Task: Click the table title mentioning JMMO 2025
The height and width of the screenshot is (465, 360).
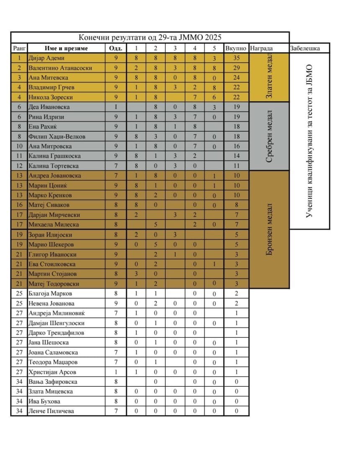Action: (150, 37)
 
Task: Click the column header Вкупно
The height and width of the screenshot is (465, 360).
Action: (236, 48)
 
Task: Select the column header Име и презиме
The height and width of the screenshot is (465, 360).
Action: (66, 48)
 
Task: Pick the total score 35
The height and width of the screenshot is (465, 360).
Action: (236, 58)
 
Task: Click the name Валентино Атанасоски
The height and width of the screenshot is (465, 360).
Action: (60, 68)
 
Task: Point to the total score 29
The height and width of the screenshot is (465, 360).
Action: (236, 68)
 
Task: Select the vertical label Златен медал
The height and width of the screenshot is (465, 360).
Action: (269, 77)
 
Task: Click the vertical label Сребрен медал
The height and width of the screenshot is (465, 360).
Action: (269, 136)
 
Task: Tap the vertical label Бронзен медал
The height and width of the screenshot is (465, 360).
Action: (269, 230)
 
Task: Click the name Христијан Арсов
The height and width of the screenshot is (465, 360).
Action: (52, 372)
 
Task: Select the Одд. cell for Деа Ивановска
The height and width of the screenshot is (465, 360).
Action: (116, 107)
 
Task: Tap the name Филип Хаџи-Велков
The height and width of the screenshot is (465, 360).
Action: (57, 136)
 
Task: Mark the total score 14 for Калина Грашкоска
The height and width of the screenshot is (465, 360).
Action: (236, 156)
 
